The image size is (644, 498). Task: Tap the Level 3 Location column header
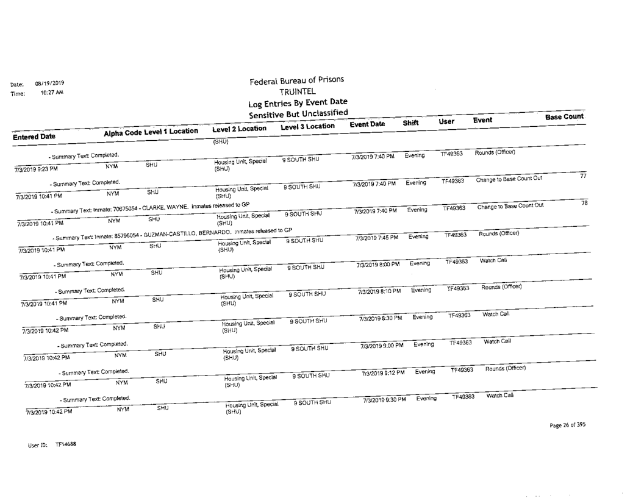click(x=307, y=126)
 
